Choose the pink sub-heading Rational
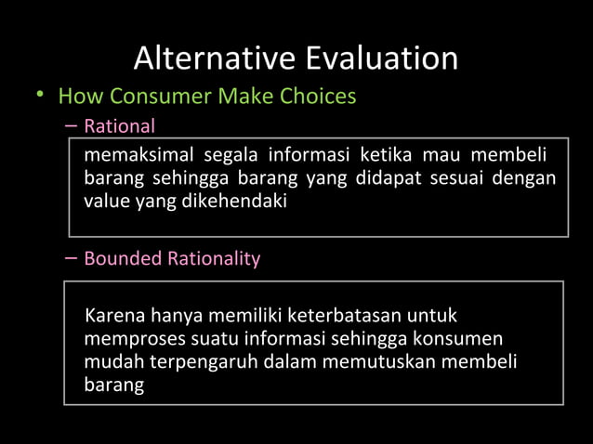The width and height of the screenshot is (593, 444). [x=119, y=125]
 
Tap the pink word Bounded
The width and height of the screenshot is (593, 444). [x=123, y=258]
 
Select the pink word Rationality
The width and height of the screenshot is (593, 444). [x=213, y=258]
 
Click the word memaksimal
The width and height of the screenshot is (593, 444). [x=138, y=153]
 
